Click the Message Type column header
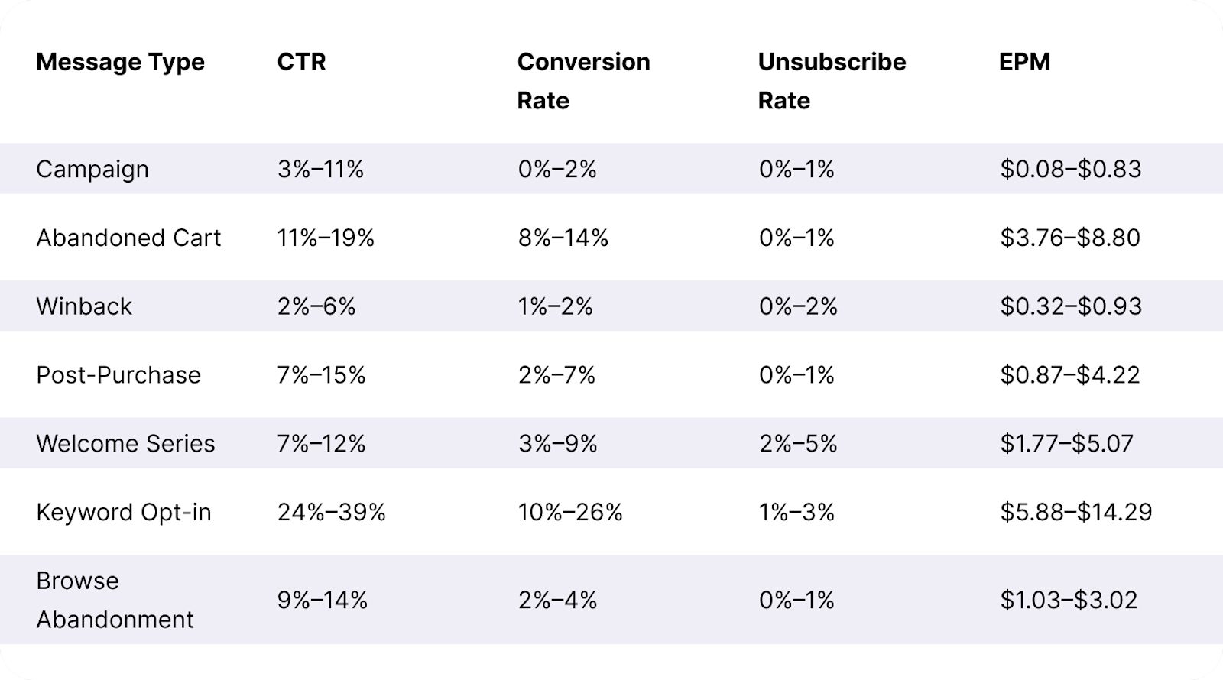pos(120,62)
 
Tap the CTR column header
pos(301,62)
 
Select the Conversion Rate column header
pos(583,80)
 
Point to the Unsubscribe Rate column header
pos(832,80)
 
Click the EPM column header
pos(1024,62)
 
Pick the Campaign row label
pos(92,169)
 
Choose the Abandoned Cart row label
pos(128,238)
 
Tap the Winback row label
pos(84,306)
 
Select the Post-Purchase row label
pos(118,375)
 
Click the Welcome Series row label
pos(125,443)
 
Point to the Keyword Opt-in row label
pos(124,512)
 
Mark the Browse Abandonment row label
pos(115,600)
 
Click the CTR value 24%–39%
pos(332,512)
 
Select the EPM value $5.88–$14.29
pos(1076,512)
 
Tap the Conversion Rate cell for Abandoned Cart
pos(563,238)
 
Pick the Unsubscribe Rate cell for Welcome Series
pos(798,443)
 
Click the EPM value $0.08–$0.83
pos(1071,169)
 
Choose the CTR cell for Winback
pos(316,306)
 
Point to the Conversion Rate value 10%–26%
pos(570,512)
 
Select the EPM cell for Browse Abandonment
pos(1069,600)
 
